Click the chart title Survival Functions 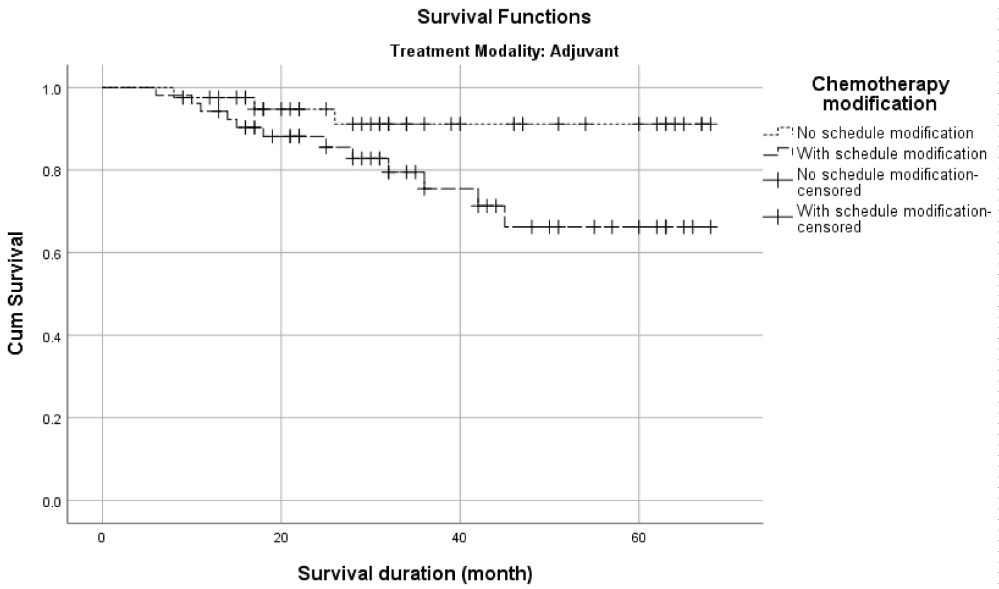[x=503, y=17]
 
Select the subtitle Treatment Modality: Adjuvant [x=504, y=51]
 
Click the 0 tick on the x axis [x=102, y=538]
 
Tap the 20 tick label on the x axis [x=280, y=538]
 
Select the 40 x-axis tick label [x=460, y=538]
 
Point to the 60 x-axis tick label [x=638, y=538]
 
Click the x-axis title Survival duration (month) [x=414, y=573]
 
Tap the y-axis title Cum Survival [x=16, y=293]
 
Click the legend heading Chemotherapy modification [x=879, y=94]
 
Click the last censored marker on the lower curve [x=711, y=227]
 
